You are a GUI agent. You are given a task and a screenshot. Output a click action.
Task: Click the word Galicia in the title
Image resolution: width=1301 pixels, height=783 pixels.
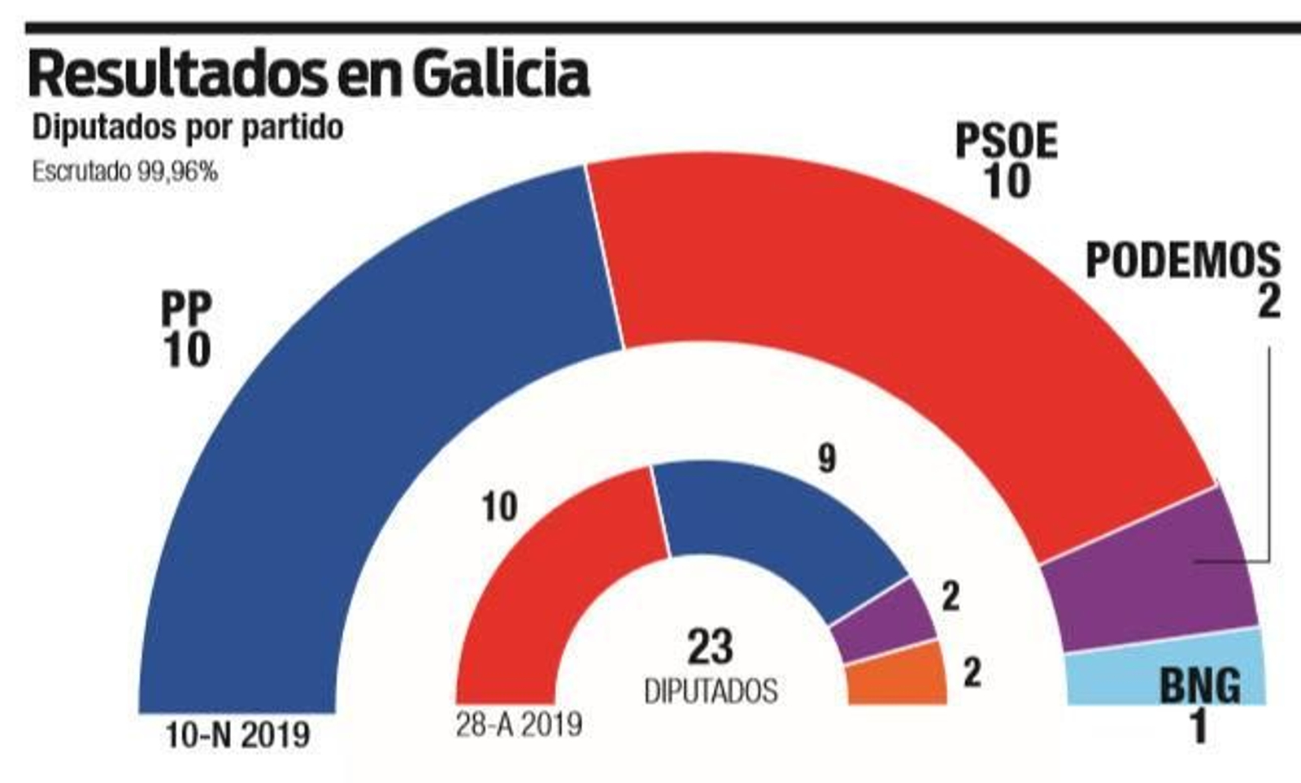point(499,75)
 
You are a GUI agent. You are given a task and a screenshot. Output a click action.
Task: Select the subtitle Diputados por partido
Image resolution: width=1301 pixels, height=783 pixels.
point(187,128)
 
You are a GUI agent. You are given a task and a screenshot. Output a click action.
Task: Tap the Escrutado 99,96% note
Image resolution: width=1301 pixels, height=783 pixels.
point(124,172)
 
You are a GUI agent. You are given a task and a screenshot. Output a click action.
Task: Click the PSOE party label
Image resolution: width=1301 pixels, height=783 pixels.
point(1006,142)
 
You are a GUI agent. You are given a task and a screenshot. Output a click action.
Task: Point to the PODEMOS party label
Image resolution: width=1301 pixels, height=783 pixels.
point(1183,261)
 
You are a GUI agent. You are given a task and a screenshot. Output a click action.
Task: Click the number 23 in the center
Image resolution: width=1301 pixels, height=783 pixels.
point(710,647)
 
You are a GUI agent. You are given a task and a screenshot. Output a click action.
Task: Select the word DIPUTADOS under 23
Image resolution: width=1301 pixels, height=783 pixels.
point(711,691)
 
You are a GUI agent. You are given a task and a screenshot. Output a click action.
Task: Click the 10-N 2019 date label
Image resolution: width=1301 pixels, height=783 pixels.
point(237,737)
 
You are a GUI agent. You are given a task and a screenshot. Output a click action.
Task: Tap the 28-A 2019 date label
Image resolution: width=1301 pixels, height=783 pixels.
point(519,724)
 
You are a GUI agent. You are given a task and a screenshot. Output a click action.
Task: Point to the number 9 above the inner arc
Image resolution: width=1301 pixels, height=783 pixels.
point(826,459)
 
